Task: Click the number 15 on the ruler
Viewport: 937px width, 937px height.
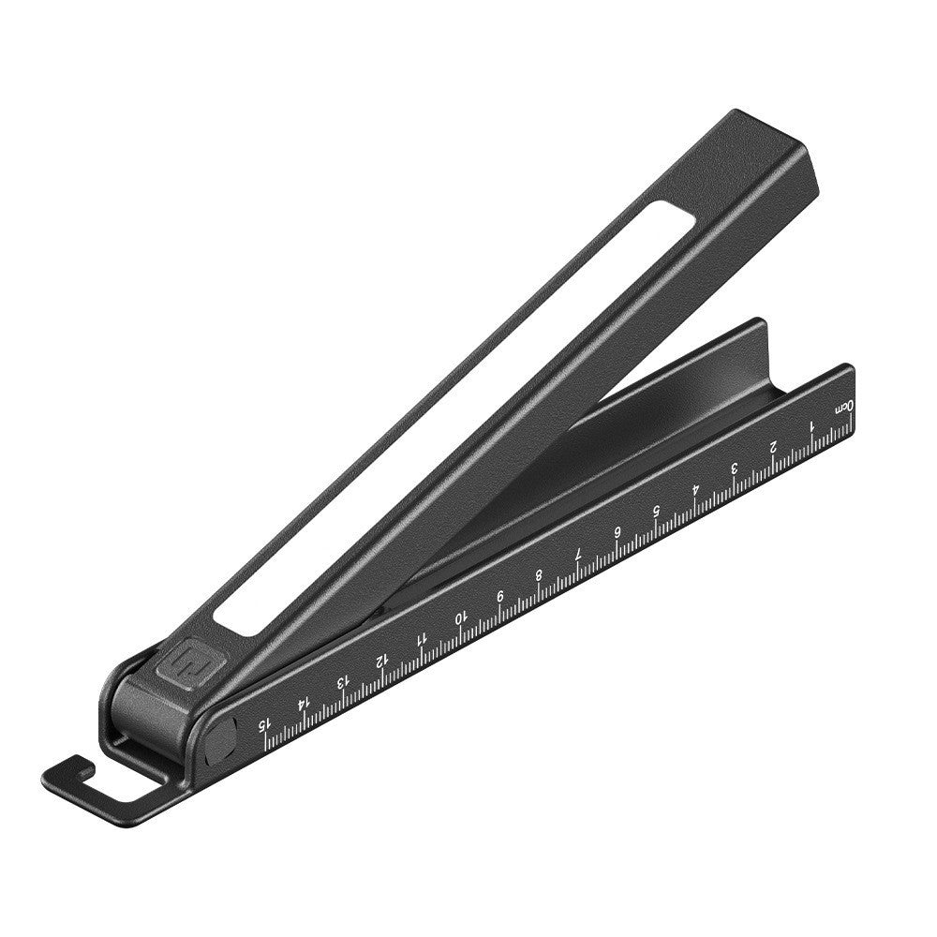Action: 264,722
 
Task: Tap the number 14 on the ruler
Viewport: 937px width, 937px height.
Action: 303,701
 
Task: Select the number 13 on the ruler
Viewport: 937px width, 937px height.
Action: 342,680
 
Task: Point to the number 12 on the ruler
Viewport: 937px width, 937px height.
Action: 381,659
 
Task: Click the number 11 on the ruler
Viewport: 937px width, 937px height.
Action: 421,638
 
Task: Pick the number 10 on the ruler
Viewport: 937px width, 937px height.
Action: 460,617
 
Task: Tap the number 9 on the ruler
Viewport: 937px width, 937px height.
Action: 499,596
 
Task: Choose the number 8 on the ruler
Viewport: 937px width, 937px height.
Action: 539,574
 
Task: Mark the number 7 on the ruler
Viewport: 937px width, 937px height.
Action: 578,554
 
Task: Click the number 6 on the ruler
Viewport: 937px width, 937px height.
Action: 617,532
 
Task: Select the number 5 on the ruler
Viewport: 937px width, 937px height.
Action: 656,511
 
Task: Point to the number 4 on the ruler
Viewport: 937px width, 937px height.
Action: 695,489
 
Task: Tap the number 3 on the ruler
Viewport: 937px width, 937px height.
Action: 734,468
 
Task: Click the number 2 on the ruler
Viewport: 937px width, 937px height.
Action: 773,446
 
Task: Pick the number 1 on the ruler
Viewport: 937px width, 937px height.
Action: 811,425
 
